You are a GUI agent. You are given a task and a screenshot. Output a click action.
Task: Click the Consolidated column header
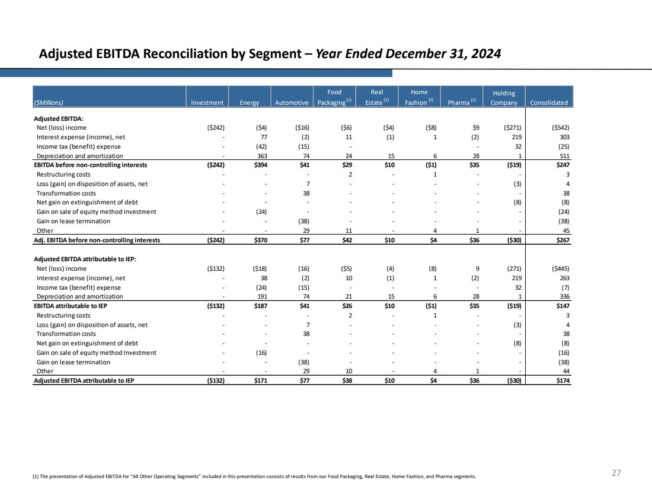[549, 102]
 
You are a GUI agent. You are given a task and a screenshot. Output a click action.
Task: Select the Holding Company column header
[504, 98]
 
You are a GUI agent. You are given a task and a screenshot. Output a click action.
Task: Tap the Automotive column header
[292, 102]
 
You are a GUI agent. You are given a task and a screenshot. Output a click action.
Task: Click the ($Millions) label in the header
[49, 102]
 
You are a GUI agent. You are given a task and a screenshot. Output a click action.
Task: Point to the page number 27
[616, 473]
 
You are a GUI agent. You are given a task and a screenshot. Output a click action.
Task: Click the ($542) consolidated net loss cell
[561, 127]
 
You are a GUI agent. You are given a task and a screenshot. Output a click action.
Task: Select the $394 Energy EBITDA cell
[261, 165]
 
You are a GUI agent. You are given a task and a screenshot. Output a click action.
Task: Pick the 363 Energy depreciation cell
[262, 156]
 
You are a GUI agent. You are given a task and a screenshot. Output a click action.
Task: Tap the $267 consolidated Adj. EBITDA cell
[563, 241]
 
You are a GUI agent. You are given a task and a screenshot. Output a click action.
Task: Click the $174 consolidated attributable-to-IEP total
[563, 381]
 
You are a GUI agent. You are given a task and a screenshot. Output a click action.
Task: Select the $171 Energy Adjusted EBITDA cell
[261, 381]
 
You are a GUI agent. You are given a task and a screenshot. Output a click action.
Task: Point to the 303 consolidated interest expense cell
[565, 137]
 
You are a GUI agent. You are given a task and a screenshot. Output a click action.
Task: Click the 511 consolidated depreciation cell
[565, 156]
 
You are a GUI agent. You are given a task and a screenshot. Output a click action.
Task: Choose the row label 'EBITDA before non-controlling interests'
[91, 165]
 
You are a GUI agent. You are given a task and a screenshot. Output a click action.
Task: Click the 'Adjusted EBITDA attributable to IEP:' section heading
[85, 259]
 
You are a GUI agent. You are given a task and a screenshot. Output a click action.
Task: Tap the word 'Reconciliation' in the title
[185, 54]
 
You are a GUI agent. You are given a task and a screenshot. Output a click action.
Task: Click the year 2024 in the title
[486, 54]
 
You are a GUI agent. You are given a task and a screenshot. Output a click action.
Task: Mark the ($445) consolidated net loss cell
[561, 268]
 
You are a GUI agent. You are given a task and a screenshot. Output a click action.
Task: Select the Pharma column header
[462, 102]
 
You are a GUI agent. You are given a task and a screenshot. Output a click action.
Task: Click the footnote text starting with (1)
[254, 476]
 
